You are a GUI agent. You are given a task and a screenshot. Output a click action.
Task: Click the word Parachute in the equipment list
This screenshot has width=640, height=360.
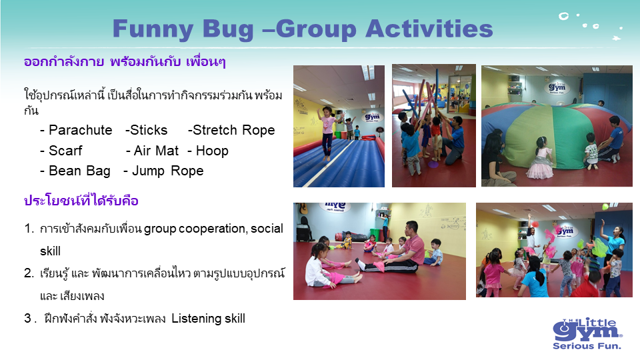coord(81,130)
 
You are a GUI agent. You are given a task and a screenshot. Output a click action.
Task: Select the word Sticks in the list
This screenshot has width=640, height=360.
coord(149,130)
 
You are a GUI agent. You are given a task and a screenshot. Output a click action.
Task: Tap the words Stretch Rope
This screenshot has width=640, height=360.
coord(234,130)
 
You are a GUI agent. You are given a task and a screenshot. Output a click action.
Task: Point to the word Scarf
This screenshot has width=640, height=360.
coord(65,151)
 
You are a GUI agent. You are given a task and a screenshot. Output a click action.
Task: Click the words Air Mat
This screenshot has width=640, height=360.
coord(156,151)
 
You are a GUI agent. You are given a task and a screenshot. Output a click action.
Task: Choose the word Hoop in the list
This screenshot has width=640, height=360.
coord(212,151)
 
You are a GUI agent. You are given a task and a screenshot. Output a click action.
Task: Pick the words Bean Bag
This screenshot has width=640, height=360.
coord(79,171)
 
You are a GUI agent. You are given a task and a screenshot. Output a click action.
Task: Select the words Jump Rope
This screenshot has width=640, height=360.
coord(168,171)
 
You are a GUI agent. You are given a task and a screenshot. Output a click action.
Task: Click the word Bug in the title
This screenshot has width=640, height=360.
coord(228,29)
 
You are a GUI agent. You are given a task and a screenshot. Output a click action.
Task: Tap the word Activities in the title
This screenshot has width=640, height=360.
coord(429,29)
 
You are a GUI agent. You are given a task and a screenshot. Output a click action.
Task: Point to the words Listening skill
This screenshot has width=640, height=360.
coord(208,319)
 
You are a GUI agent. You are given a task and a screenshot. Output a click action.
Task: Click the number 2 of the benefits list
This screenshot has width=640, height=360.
coord(28,273)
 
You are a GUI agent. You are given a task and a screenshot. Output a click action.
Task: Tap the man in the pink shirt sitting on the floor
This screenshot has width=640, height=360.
coord(395,249)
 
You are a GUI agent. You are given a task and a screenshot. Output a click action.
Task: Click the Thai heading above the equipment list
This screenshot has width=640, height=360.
coord(125,61)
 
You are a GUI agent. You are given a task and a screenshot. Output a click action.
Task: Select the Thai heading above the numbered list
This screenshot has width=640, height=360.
coord(81,201)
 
